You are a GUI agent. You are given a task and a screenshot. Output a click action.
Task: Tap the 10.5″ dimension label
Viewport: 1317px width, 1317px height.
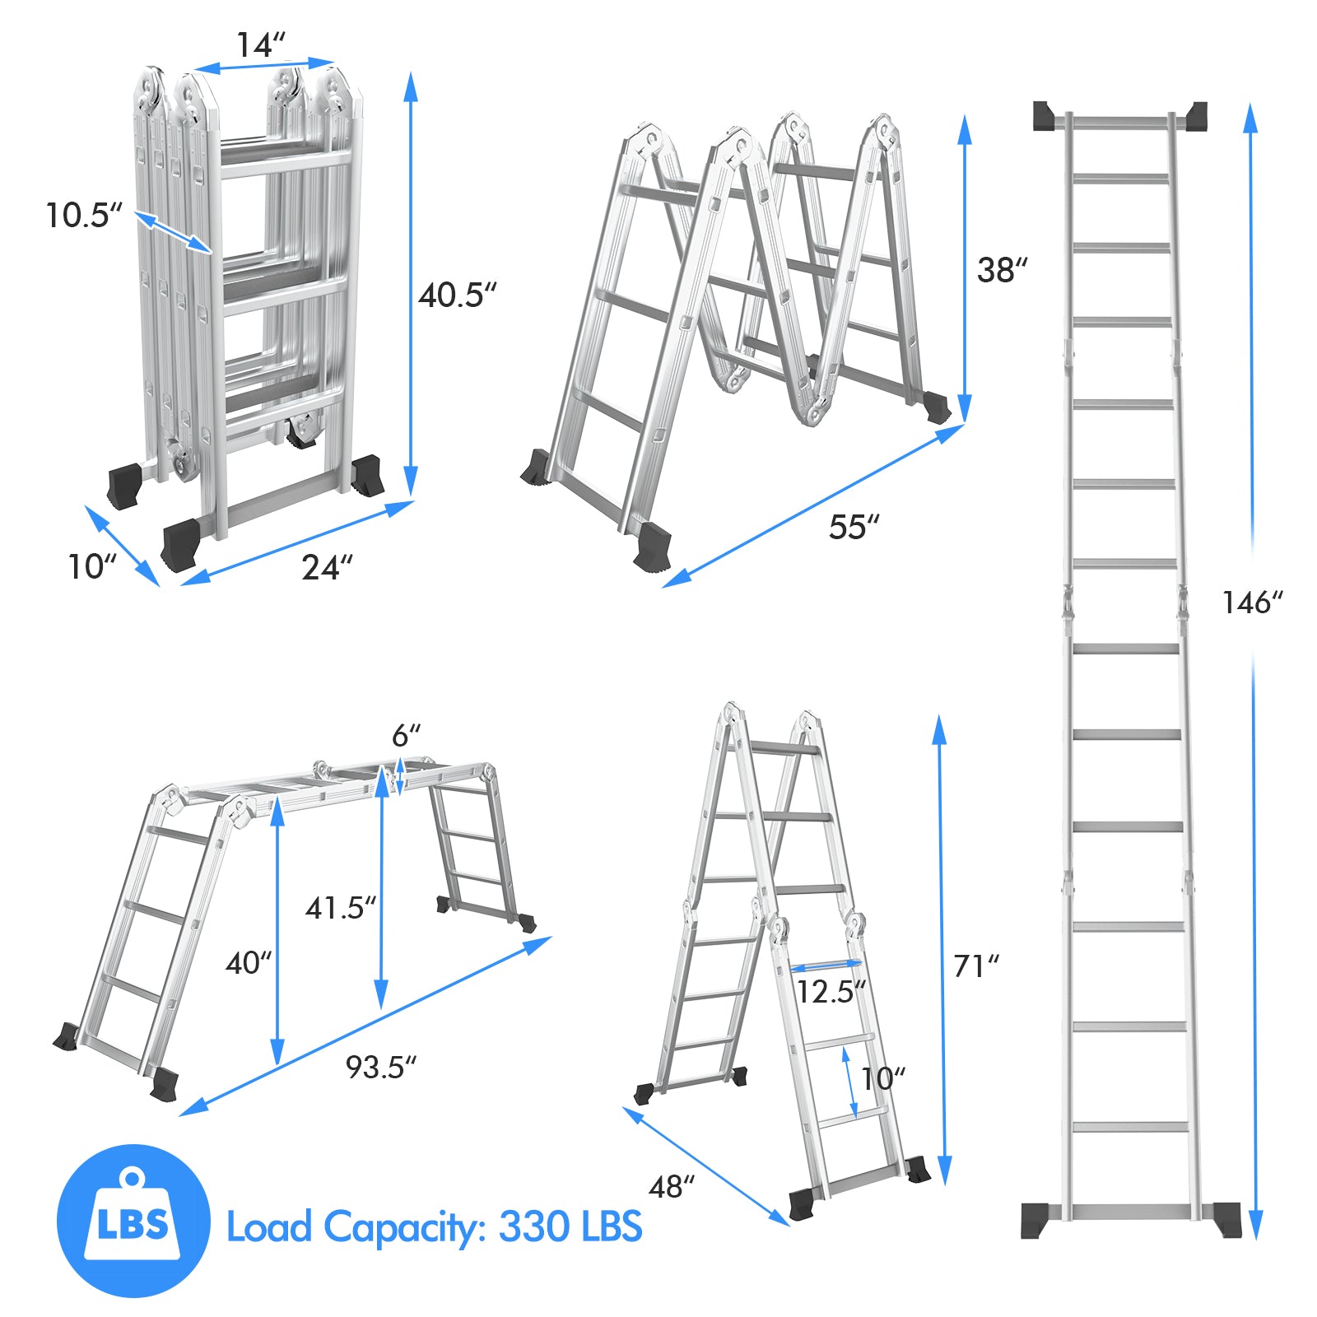tap(83, 216)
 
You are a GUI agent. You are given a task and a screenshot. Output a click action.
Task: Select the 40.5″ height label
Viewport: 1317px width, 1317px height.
tap(458, 295)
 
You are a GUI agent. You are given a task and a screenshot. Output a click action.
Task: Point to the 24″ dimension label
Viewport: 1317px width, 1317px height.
tap(327, 568)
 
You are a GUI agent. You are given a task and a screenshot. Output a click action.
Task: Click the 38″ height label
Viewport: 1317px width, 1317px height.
tap(1003, 270)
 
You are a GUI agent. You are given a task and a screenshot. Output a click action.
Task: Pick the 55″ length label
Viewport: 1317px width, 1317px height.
tap(854, 527)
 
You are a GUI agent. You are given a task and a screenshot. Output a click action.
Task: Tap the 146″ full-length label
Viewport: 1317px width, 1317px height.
tap(1252, 603)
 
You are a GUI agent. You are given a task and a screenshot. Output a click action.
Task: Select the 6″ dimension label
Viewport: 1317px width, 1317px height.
tap(406, 735)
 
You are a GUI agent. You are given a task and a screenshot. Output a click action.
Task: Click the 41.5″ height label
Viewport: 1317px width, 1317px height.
tap(341, 908)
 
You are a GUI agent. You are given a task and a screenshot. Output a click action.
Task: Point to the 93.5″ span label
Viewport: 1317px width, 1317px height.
tap(381, 1067)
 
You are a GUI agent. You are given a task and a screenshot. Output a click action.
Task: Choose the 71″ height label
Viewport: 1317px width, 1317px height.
tap(976, 966)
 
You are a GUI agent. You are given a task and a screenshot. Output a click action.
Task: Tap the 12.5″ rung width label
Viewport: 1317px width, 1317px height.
tap(831, 992)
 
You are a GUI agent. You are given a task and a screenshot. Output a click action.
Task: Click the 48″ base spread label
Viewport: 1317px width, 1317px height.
tap(672, 1186)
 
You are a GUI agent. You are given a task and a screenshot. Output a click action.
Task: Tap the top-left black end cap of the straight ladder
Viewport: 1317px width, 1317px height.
tap(1045, 116)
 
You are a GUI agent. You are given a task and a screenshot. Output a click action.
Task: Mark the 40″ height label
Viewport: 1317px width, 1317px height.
tap(249, 962)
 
